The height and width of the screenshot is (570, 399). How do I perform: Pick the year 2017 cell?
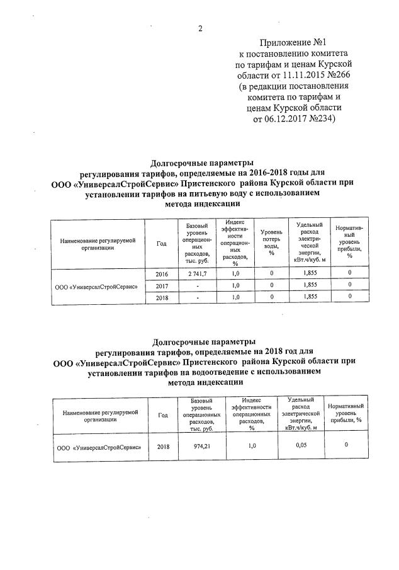point(161,285)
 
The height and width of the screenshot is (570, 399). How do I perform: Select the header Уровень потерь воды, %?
point(271,242)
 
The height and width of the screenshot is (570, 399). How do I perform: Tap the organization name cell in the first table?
point(96,285)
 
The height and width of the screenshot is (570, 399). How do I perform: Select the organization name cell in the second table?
point(98,447)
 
